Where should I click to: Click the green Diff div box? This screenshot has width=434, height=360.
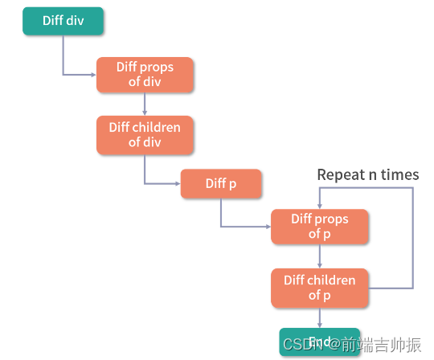pyautogui.click(x=63, y=21)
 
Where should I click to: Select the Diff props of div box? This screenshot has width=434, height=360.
pyautogui.click(x=145, y=74)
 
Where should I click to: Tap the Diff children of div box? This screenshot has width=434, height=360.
pyautogui.click(x=145, y=135)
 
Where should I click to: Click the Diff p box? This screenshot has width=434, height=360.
pyautogui.click(x=221, y=183)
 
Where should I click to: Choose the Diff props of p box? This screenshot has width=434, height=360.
pyautogui.click(x=320, y=227)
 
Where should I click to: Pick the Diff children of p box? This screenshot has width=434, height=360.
pyautogui.click(x=320, y=288)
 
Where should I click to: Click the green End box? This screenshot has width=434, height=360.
pyautogui.click(x=319, y=342)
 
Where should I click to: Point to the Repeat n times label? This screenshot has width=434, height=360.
pyautogui.click(x=367, y=174)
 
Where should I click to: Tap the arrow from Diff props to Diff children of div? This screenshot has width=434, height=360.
pyautogui.click(x=145, y=104)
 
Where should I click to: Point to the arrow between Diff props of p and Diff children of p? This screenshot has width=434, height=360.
pyautogui.click(x=320, y=256)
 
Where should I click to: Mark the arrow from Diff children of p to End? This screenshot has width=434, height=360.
pyautogui.click(x=320, y=318)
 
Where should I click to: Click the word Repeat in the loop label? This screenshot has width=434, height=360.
pyautogui.click(x=340, y=174)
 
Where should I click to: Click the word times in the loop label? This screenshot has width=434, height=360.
pyautogui.click(x=400, y=174)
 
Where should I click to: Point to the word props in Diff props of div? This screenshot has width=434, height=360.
pyautogui.click(x=157, y=67)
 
